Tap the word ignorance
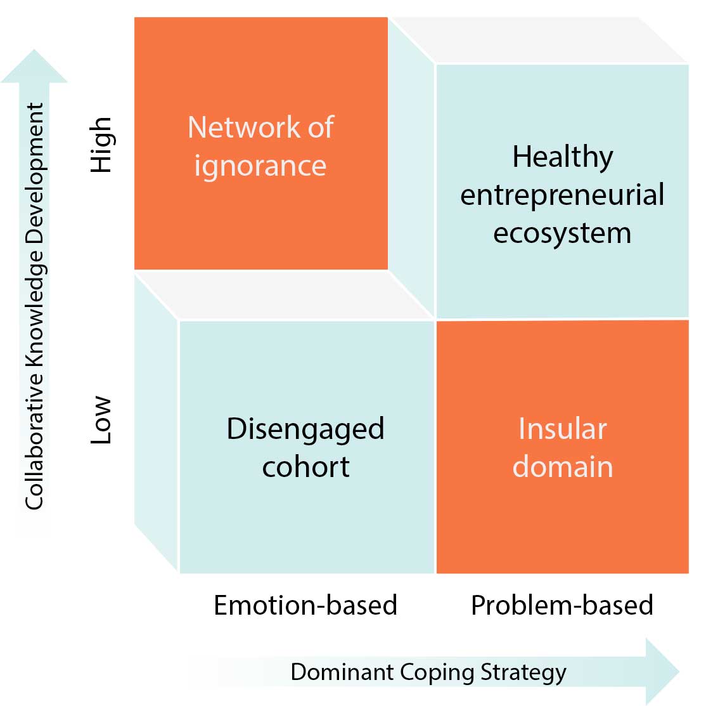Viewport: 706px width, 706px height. (260, 166)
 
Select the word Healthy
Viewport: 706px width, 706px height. (563, 157)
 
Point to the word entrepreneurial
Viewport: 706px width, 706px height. (562, 195)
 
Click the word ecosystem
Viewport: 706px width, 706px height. (562, 233)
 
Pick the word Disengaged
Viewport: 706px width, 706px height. (305, 430)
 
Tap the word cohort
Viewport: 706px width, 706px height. (305, 467)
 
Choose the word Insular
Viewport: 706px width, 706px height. (563, 429)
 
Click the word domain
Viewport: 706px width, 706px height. (563, 467)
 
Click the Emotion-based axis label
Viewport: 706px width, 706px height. (305, 605)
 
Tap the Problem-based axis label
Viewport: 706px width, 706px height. (562, 605)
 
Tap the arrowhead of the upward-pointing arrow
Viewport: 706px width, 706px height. (34, 67)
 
